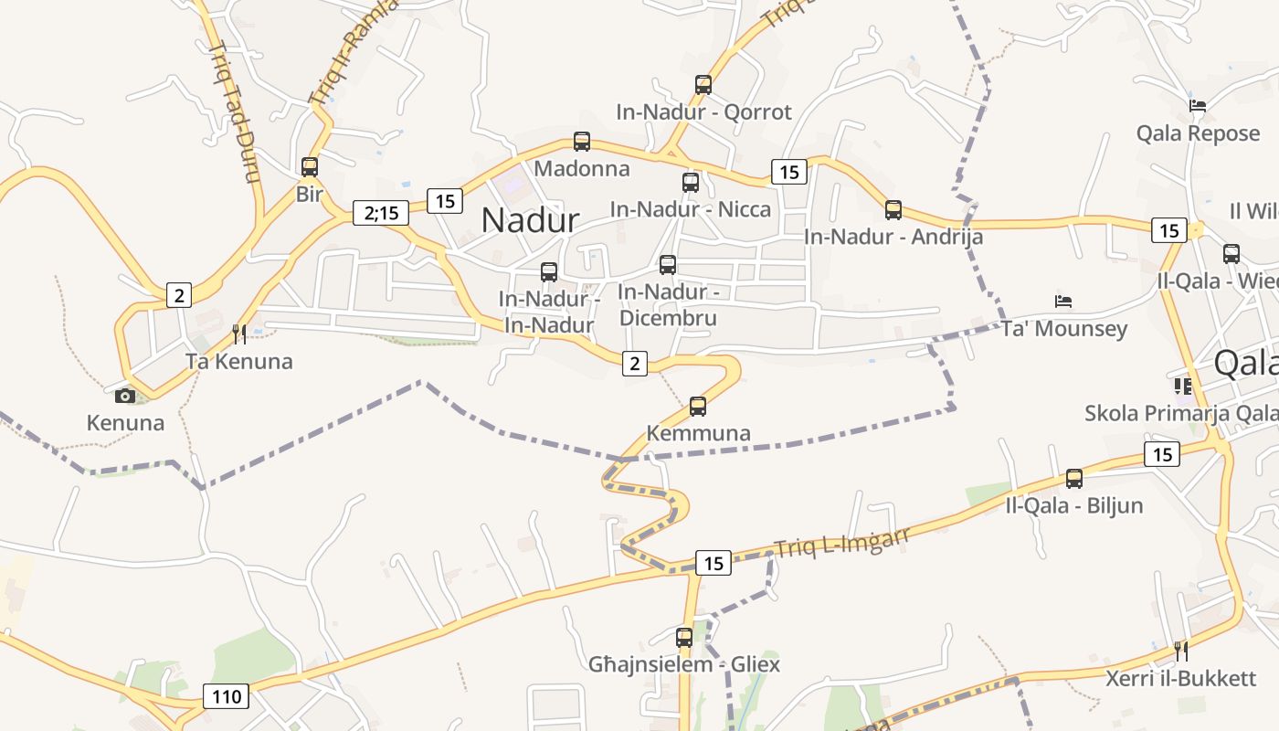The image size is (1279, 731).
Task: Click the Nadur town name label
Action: tap(530, 220)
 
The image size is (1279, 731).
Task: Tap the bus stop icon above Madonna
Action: tap(582, 142)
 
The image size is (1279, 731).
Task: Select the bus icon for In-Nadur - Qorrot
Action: tap(703, 85)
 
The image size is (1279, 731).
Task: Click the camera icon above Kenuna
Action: tap(125, 396)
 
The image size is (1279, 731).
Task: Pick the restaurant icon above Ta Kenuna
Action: tap(239, 334)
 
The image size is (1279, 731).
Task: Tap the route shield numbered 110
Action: tap(226, 697)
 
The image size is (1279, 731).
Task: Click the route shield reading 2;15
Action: tap(381, 213)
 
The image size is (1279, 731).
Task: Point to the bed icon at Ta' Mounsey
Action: tap(1063, 301)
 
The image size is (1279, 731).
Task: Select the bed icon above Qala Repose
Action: tap(1198, 106)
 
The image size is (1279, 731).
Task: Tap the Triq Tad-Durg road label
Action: tap(236, 110)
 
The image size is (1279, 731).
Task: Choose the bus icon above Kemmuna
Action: tap(698, 407)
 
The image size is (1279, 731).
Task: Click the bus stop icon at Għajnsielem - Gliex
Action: tap(684, 638)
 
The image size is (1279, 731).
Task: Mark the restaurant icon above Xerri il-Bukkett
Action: tap(1181, 651)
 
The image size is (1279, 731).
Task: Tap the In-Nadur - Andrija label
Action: tap(893, 237)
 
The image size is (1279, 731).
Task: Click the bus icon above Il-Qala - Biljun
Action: tap(1074, 478)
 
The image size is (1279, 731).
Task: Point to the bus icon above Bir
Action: tap(310, 167)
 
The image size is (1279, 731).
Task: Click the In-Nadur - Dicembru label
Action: tap(668, 304)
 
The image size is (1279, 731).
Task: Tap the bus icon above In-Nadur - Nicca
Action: tap(691, 182)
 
